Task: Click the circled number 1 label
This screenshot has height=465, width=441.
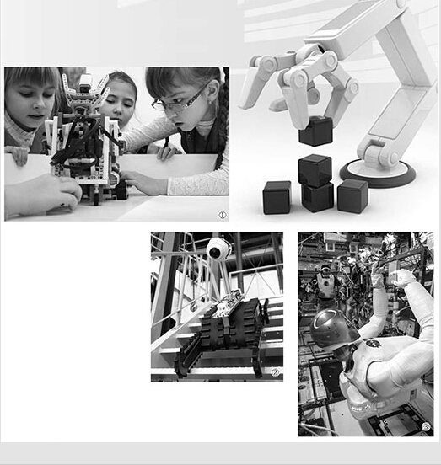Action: pyautogui.click(x=223, y=215)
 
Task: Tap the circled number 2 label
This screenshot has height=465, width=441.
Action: pyautogui.click(x=276, y=372)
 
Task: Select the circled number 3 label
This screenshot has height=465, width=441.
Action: pyautogui.click(x=426, y=427)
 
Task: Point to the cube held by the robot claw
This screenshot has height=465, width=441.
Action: pyautogui.click(x=315, y=131)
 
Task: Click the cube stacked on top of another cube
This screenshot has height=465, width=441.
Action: pyautogui.click(x=315, y=170)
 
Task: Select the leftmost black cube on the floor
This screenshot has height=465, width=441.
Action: pyautogui.click(x=277, y=197)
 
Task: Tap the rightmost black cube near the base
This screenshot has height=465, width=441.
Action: pyautogui.click(x=352, y=196)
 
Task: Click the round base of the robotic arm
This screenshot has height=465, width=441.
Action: pyautogui.click(x=378, y=174)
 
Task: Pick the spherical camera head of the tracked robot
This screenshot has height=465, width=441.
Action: pyautogui.click(x=218, y=249)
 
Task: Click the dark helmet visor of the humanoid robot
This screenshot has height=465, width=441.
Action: pyautogui.click(x=334, y=329)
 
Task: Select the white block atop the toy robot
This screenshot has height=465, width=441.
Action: pyautogui.click(x=86, y=83)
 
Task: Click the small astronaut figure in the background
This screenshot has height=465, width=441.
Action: pyautogui.click(x=325, y=281)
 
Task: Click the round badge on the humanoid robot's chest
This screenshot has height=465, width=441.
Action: pyautogui.click(x=372, y=344)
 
